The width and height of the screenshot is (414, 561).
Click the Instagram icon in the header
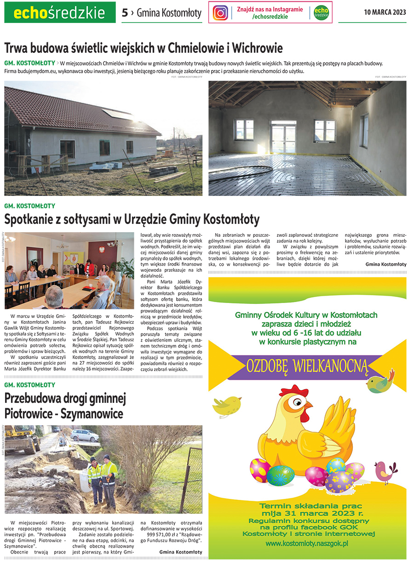click(x=221, y=13)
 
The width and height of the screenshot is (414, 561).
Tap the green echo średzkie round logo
click(x=322, y=13)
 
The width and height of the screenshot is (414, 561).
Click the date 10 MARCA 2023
click(x=385, y=12)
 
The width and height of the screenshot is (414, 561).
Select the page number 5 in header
click(x=125, y=13)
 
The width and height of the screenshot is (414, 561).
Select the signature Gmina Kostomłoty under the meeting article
click(x=386, y=264)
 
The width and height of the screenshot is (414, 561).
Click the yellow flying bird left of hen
click(x=226, y=405)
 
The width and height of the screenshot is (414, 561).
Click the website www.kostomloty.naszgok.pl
click(x=307, y=544)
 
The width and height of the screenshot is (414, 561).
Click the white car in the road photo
click(x=84, y=435)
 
